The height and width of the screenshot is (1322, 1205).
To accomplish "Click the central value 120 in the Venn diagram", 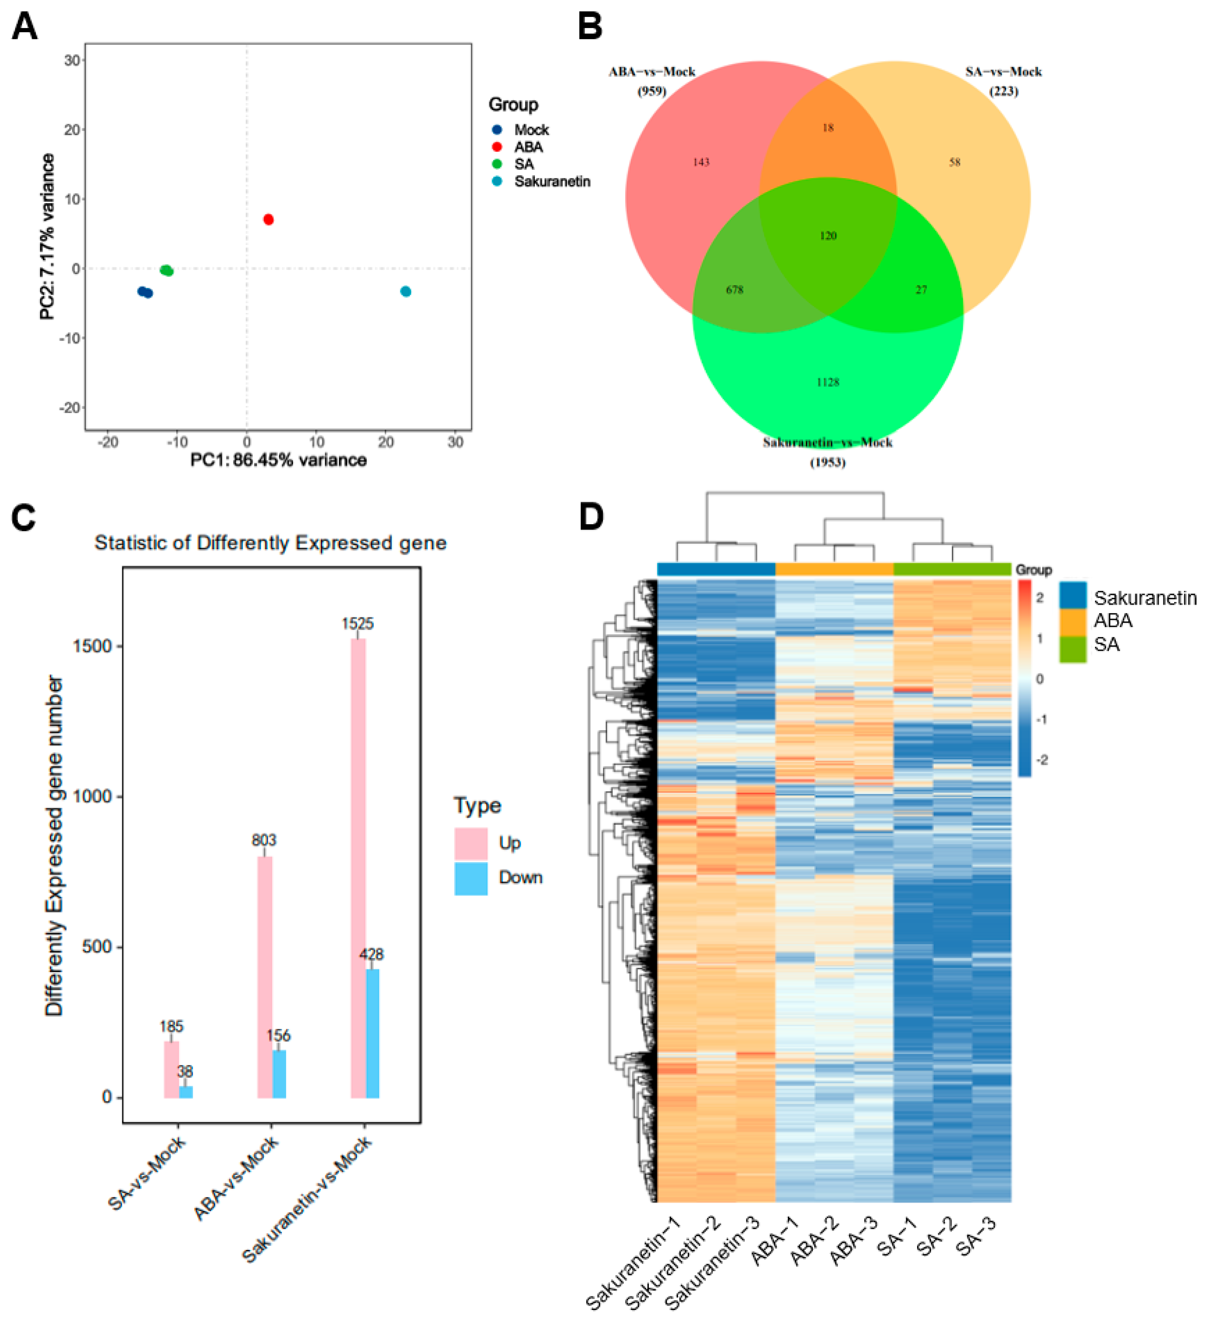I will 828,235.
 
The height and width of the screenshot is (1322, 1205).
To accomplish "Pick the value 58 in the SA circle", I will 955,162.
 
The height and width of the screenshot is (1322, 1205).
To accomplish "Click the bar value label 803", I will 264,840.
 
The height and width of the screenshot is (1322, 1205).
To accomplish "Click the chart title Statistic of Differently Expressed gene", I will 270,543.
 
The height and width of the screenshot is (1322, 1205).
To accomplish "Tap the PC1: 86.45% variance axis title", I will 278,460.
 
